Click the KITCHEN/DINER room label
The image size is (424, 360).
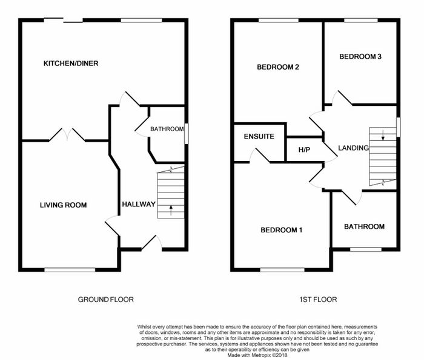click(x=71, y=64)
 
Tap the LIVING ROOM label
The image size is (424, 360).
click(x=63, y=205)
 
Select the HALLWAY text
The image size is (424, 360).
click(x=139, y=204)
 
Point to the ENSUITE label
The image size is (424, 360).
click(x=259, y=136)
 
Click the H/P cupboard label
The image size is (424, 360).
click(x=304, y=149)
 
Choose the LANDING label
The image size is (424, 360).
click(x=353, y=148)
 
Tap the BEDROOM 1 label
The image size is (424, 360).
click(x=281, y=230)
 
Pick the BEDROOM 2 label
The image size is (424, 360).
click(x=278, y=67)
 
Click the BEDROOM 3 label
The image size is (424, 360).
click(x=360, y=56)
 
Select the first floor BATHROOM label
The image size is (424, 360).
click(x=364, y=226)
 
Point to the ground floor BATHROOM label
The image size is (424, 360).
click(x=167, y=129)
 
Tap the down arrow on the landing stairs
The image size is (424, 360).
click(x=383, y=135)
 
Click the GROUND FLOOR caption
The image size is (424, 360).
click(x=106, y=299)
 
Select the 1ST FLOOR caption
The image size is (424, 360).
click(x=318, y=299)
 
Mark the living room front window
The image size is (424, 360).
click(x=70, y=269)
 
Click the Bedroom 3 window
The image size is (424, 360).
click(x=361, y=20)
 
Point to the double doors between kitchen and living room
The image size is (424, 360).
click(x=67, y=134)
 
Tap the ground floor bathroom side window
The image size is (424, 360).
click(x=187, y=134)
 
